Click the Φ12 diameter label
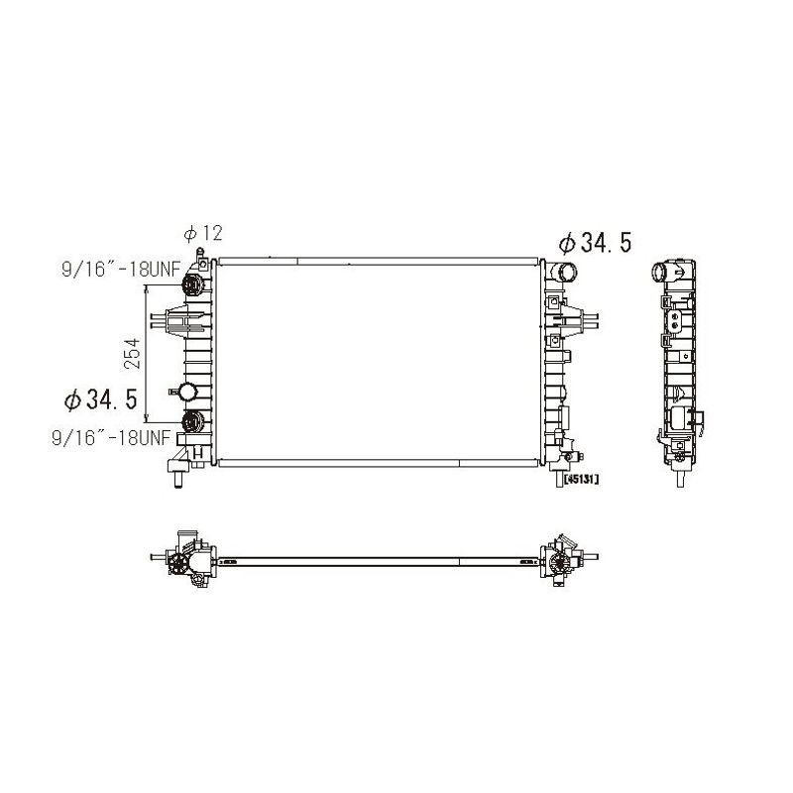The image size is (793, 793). pos(203,233)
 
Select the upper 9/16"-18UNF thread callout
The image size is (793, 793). pos(121,270)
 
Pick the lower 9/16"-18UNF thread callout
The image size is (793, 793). pos(111,437)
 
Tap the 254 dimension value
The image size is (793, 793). pos(132,353)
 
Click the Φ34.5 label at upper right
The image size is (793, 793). pos(596,243)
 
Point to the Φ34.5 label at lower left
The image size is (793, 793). pos(101,399)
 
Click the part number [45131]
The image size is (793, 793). pos(577,479)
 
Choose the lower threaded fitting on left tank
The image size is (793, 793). pos(192,421)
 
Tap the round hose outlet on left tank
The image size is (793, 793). pos(187,392)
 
